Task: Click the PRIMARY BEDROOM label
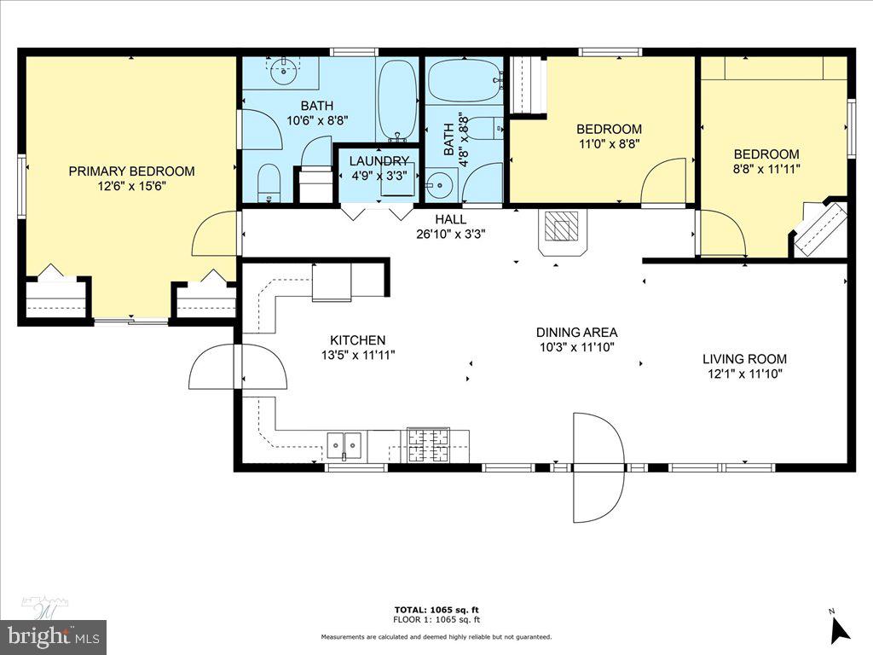131,171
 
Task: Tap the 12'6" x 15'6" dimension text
131,185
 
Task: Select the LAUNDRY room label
379,161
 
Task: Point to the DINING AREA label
576,332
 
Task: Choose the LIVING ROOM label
744,359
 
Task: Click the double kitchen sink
345,444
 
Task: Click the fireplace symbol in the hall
561,229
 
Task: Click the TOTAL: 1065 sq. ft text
436,609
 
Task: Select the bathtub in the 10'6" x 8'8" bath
396,99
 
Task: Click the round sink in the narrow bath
440,183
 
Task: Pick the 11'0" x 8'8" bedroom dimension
608,144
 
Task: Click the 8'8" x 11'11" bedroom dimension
766,169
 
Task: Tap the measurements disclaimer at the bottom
436,637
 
